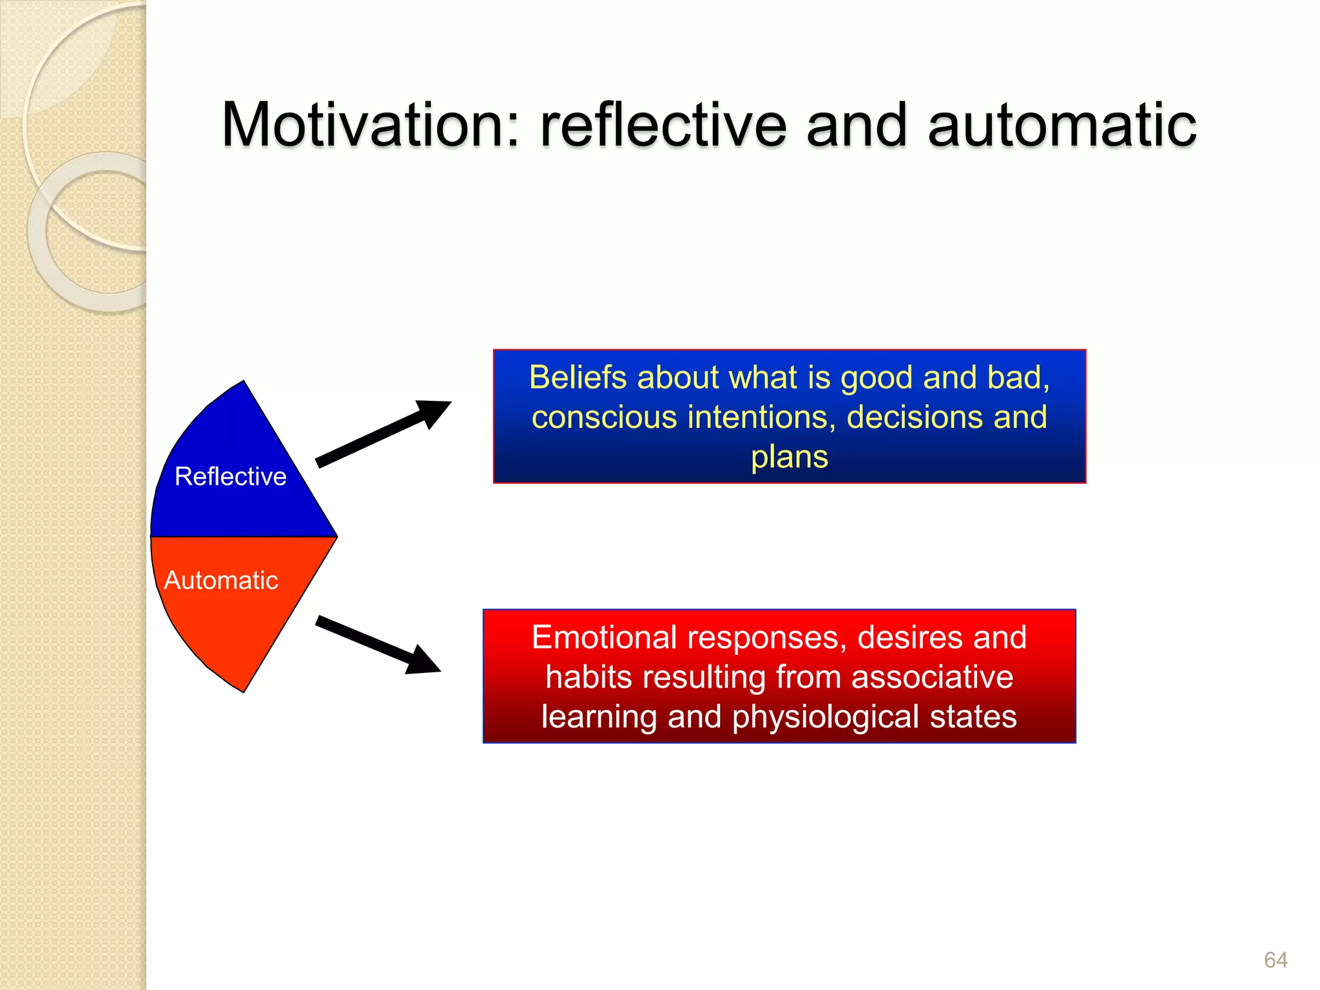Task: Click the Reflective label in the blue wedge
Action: coord(230,476)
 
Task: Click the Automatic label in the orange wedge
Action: coord(221,580)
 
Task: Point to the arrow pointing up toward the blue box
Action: coord(383,433)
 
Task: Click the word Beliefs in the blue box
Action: coord(577,377)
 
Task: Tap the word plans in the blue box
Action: coord(789,458)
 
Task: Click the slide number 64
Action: coord(1275,960)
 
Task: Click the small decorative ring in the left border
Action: coord(37,232)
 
